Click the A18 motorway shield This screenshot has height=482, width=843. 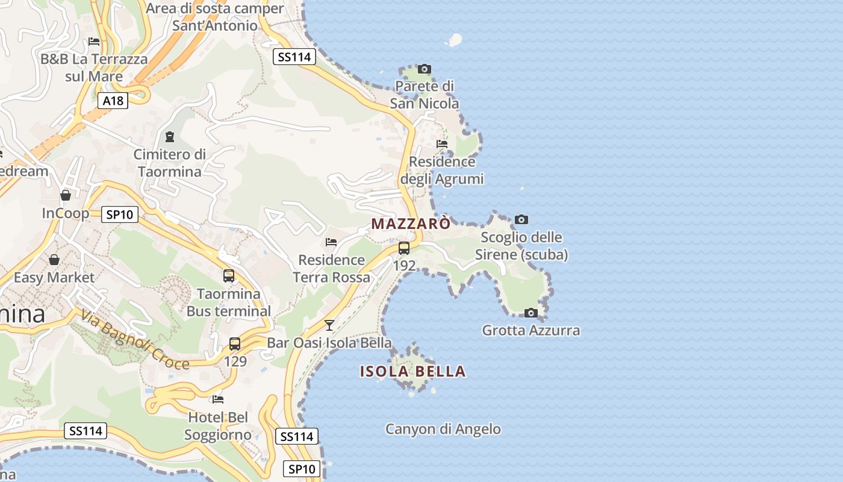pos(113,101)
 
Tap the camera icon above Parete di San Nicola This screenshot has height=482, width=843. pos(425,69)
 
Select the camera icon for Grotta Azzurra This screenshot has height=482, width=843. pos(530,313)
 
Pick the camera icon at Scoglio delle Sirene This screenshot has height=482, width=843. pos(521,220)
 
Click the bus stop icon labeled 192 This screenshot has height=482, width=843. pos(404,248)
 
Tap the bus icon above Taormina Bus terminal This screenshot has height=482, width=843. pos(229,276)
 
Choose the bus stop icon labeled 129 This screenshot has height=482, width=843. pos(235,344)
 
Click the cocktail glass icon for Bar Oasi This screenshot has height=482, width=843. pos(329,325)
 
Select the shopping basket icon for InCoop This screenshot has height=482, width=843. pos(66,195)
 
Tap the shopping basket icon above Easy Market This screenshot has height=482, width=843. pos(54,260)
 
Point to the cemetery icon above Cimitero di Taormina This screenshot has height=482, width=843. pos(169,137)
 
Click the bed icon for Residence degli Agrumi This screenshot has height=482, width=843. pos(442,144)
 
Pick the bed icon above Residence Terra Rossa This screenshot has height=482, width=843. pos(331,242)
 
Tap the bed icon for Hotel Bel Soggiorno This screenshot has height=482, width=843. pos(218,399)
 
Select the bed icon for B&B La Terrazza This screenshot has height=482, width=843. pos(94,42)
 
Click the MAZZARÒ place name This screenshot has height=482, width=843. pos(411,224)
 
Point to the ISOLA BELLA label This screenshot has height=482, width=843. pos(413,372)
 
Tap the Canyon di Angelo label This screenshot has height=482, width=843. pos(443,429)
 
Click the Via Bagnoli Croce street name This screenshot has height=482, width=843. pos(135,340)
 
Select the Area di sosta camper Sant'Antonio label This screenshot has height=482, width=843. pos(214,17)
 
